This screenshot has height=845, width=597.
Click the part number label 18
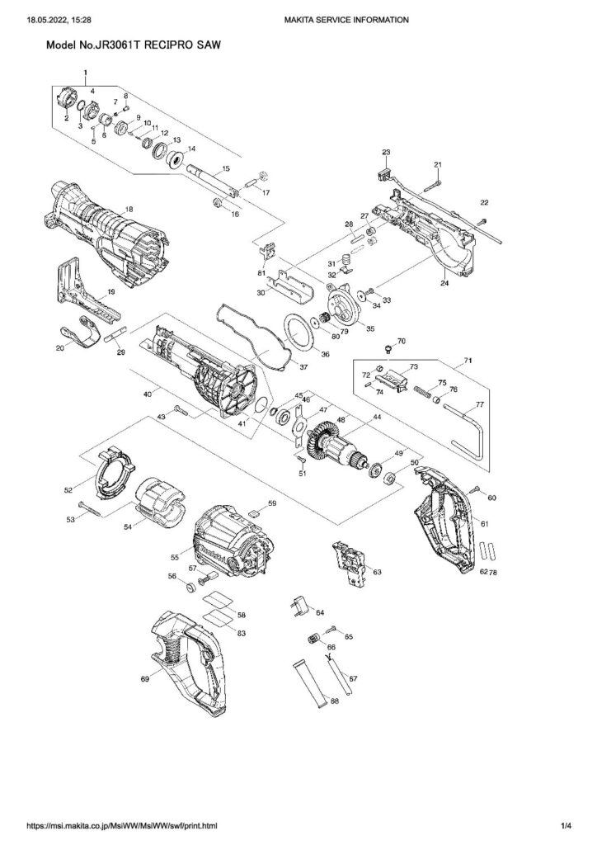128,210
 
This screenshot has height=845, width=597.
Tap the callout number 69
145,677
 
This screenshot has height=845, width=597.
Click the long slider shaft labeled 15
211,182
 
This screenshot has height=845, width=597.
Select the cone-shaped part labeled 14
175,158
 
